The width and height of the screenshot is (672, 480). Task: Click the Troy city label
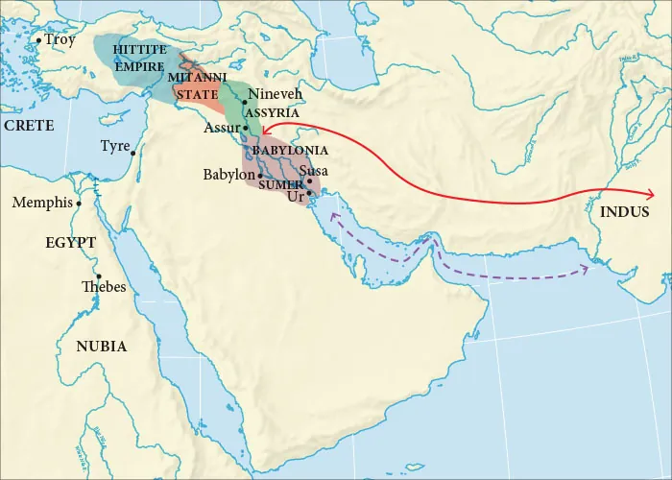click(60, 40)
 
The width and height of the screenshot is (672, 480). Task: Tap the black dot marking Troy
click(38, 40)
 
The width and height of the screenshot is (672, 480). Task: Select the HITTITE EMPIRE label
click(138, 58)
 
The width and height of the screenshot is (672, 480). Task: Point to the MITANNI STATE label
click(197, 84)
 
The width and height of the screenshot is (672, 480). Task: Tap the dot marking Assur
click(245, 128)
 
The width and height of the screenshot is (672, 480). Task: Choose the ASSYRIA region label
click(273, 112)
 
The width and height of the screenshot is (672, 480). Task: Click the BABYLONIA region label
click(290, 151)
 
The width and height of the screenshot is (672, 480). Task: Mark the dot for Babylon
click(260, 176)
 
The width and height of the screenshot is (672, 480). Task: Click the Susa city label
click(314, 171)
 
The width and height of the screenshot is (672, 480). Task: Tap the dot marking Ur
click(309, 193)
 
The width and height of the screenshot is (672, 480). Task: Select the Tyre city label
click(114, 146)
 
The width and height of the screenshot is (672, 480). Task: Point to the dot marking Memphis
click(79, 204)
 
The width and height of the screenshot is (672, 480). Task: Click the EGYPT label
click(70, 242)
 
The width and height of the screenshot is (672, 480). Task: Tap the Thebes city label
click(104, 286)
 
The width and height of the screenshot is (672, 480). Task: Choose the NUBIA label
click(102, 347)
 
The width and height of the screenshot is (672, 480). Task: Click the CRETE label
click(28, 126)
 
